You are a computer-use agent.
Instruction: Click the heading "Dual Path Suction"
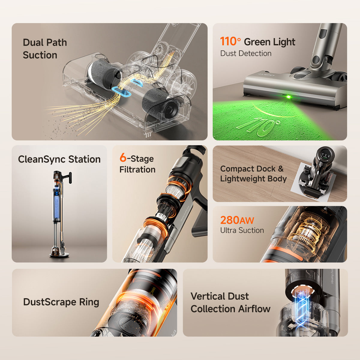click(x=45, y=49)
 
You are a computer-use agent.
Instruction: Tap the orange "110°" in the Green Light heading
click(x=230, y=42)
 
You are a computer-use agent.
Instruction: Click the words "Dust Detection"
click(x=246, y=53)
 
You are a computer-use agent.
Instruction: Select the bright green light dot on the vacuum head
click(x=289, y=97)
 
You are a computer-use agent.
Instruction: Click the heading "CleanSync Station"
click(x=59, y=159)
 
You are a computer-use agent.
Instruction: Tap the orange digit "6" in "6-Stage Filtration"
click(x=123, y=158)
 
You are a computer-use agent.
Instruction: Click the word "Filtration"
click(x=137, y=169)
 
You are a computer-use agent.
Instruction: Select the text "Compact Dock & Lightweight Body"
click(x=253, y=174)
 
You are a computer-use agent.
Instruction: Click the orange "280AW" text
click(x=237, y=220)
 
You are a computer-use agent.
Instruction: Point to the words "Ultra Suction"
click(x=242, y=230)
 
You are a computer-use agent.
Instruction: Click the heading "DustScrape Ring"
click(x=61, y=302)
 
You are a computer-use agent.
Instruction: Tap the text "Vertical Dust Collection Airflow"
click(x=230, y=302)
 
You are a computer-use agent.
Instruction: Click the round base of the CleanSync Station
click(x=59, y=255)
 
